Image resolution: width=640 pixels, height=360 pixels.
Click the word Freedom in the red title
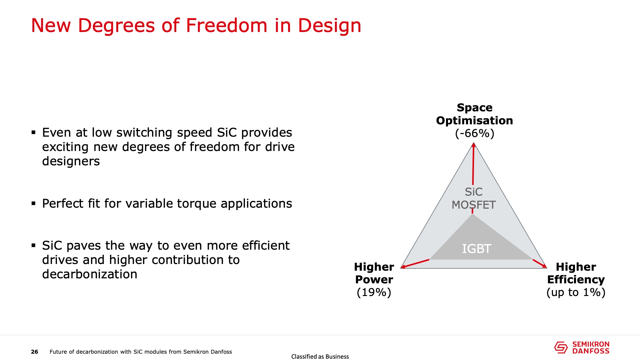(227, 25)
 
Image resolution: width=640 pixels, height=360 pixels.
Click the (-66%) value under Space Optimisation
(474, 133)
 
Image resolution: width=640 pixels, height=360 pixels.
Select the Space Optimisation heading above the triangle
(474, 114)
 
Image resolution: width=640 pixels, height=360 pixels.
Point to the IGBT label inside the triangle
(476, 249)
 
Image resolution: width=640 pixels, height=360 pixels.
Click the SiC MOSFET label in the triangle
(474, 198)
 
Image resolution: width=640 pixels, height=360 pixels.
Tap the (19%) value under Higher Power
(374, 292)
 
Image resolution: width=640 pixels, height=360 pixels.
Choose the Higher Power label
(374, 273)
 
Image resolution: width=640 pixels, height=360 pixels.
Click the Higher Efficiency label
(576, 273)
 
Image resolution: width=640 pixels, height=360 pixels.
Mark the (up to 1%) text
(576, 292)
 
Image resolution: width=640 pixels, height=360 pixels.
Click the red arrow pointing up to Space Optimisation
(473, 164)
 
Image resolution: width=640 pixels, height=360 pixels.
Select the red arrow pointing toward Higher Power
(415, 264)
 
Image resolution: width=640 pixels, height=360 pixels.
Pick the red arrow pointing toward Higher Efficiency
(540, 263)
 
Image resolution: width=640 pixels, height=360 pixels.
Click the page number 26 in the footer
(34, 352)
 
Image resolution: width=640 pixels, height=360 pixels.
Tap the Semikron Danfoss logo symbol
(561, 347)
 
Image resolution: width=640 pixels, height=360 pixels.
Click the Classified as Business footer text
(320, 357)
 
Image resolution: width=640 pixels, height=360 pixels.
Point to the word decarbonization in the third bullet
(90, 274)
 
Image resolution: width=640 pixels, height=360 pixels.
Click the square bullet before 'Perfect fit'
(33, 203)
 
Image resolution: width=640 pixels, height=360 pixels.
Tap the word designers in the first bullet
(71, 161)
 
